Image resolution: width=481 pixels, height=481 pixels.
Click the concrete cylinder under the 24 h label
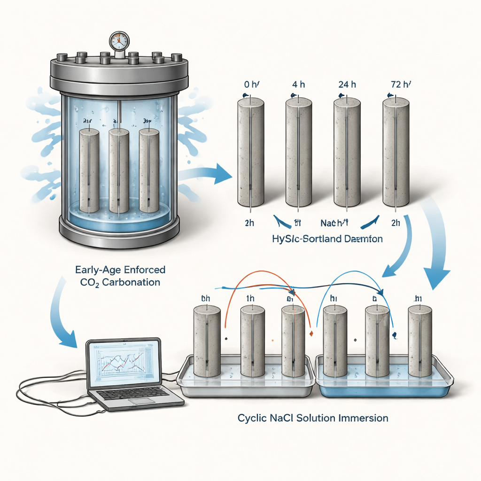pos(347,153)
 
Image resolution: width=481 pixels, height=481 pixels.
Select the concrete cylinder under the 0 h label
pos(250,153)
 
